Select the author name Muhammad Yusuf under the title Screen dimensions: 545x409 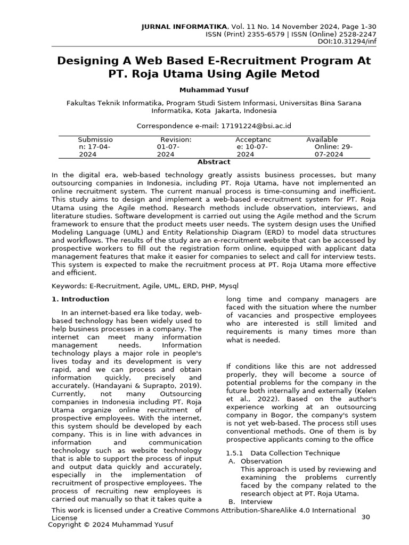click(x=214, y=90)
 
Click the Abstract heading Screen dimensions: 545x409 click(x=214, y=162)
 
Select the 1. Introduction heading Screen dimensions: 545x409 click(x=80, y=299)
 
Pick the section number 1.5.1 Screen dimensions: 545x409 click(x=235, y=453)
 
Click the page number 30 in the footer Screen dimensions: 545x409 click(x=365, y=517)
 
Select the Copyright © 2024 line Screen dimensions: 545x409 click(x=111, y=525)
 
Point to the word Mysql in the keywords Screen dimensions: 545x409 click(x=228, y=286)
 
